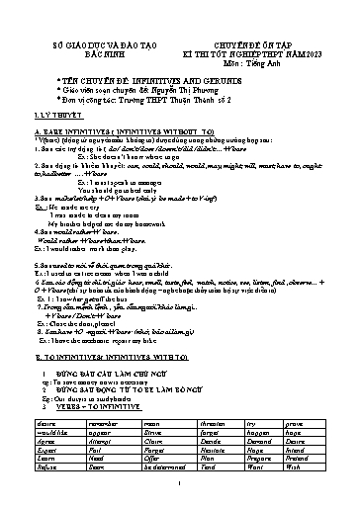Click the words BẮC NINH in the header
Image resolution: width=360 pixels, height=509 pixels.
96,55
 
